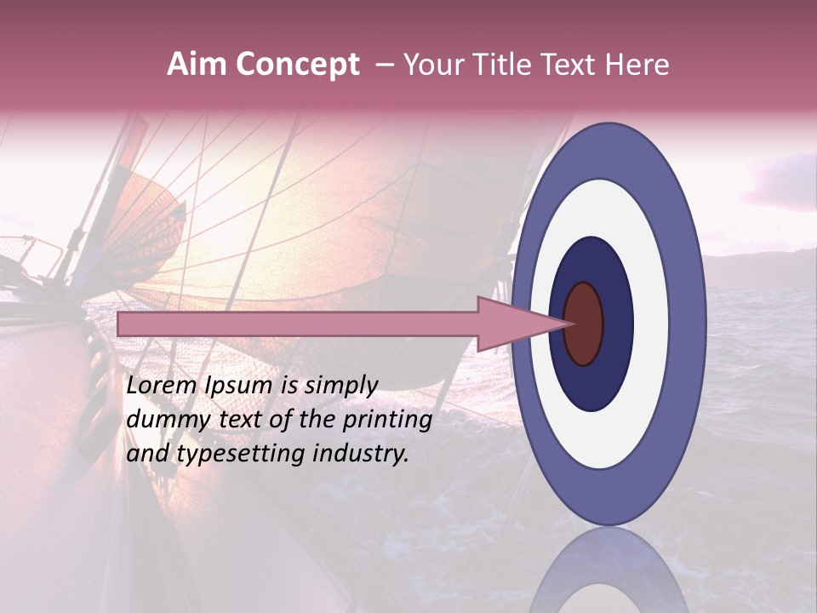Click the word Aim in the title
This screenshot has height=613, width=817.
pos(197,65)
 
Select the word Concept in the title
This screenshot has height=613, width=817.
pos(297,66)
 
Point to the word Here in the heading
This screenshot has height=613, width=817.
pos(638,65)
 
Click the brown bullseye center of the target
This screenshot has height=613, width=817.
pos(584,324)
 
